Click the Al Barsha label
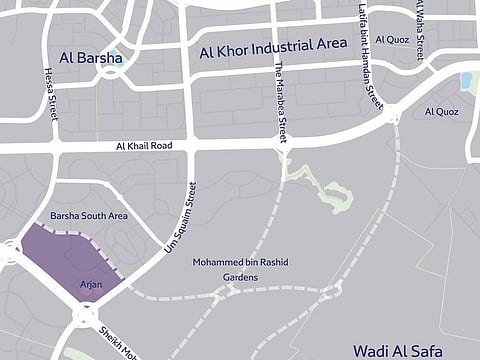[x=91, y=57]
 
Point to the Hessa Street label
[x=50, y=91]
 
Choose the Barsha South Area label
[x=89, y=215]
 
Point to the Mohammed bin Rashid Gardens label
[x=240, y=268]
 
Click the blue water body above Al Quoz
[x=465, y=79]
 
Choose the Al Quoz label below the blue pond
[x=441, y=111]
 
